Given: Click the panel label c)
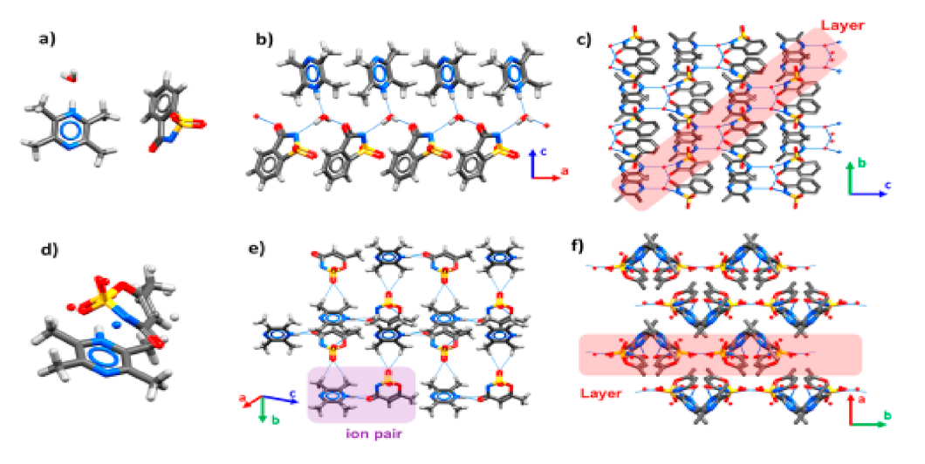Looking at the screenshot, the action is pos(586,39).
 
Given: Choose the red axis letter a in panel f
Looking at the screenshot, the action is pos(860,401).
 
